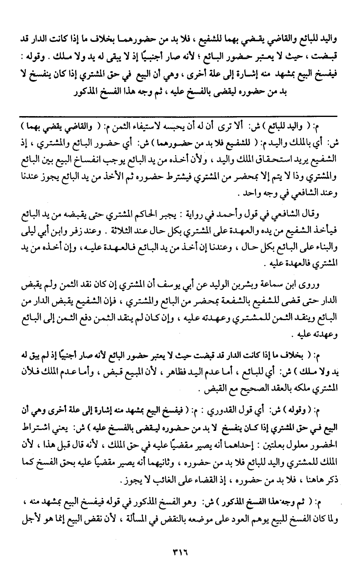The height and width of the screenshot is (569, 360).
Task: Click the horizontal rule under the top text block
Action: (180, 117)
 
